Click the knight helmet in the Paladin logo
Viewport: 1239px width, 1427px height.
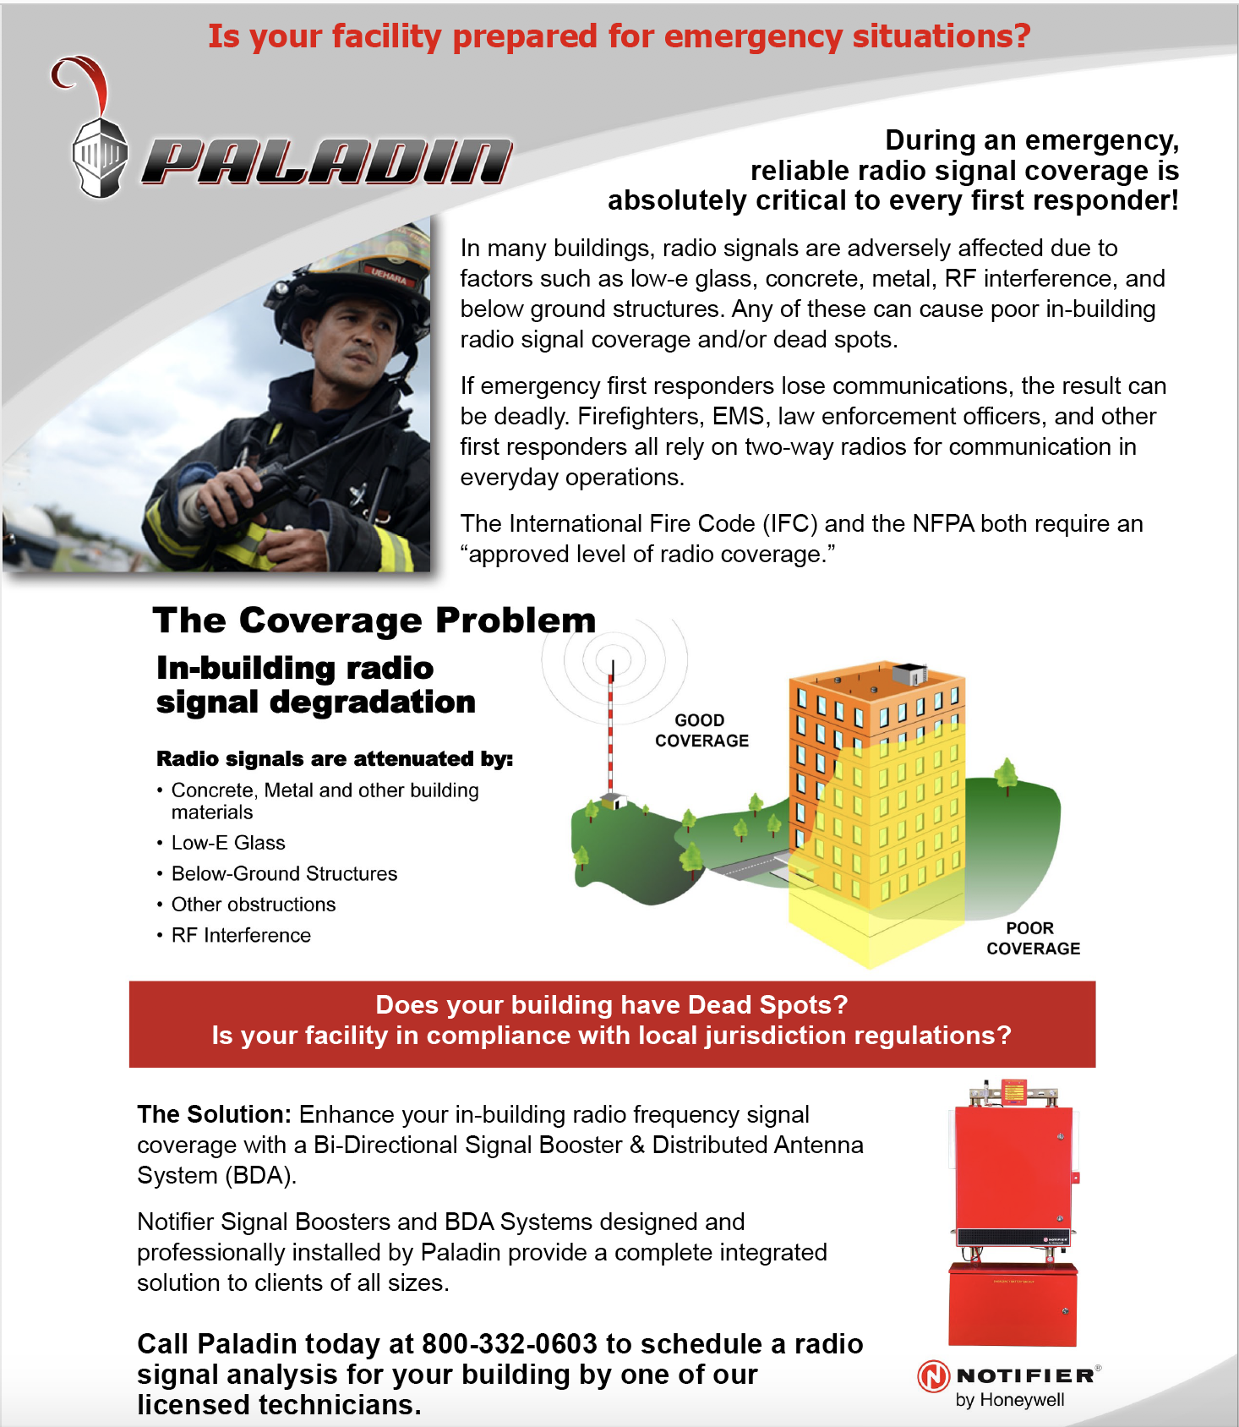[x=100, y=157]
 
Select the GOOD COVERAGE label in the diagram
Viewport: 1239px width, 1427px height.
[x=701, y=730]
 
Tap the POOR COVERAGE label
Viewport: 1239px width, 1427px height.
[x=1032, y=938]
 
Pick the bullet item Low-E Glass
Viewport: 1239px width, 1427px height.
[x=228, y=843]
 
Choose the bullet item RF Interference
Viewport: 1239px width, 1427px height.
[x=241, y=935]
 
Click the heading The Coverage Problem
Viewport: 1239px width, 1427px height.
[x=374, y=621]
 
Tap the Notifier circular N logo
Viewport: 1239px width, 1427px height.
[x=933, y=1376]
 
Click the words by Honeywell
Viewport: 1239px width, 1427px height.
[x=1009, y=1400]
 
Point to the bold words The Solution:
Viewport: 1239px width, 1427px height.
[x=215, y=1114]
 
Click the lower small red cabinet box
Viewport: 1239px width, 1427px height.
[x=1012, y=1304]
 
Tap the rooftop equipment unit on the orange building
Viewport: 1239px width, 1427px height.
[x=910, y=675]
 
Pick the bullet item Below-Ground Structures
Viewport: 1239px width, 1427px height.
[x=284, y=873]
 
